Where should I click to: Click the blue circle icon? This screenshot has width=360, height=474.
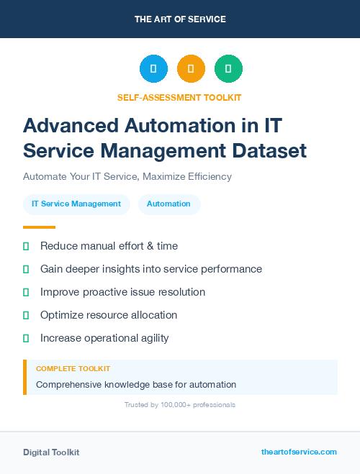click(x=153, y=69)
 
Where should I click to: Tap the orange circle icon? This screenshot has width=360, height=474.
click(x=191, y=69)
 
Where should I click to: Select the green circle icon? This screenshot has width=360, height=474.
click(x=228, y=69)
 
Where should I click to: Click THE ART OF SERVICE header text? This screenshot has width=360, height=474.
click(x=180, y=19)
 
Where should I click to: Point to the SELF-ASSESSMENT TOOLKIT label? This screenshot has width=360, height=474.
click(x=179, y=98)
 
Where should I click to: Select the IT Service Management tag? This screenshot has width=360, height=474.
click(x=76, y=204)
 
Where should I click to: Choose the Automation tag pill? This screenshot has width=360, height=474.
click(x=168, y=204)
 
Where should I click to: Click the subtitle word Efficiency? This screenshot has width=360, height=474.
click(x=207, y=176)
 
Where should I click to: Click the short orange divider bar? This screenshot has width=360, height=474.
click(x=39, y=227)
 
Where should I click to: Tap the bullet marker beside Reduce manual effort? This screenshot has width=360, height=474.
click(x=26, y=246)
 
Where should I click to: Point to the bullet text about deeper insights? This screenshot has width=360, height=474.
click(x=151, y=269)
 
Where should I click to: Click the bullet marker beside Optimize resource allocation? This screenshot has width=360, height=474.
click(x=26, y=315)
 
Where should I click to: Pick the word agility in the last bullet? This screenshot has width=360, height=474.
click(x=150, y=338)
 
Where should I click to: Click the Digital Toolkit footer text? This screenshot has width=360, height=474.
click(x=51, y=452)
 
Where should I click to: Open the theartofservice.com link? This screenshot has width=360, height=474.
click(x=299, y=452)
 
